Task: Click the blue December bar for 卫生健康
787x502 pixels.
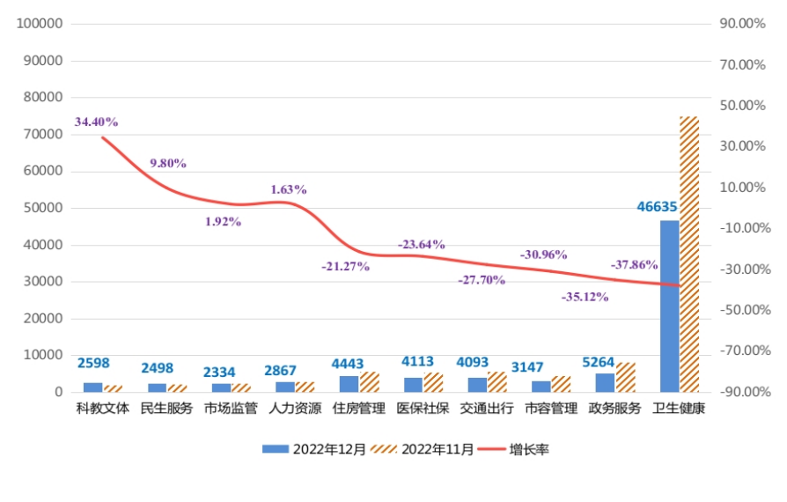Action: tap(670, 306)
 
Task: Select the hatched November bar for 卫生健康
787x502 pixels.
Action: tap(688, 254)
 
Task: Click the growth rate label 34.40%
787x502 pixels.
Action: tap(96, 122)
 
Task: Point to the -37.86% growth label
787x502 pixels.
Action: tap(634, 264)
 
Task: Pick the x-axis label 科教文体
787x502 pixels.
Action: tap(102, 409)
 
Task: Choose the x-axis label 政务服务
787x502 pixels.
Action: tap(615, 409)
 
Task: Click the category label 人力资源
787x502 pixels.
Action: tap(295, 409)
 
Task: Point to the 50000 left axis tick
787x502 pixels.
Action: tap(43, 208)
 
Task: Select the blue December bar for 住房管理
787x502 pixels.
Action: tap(349, 384)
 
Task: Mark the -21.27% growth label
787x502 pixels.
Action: tap(345, 266)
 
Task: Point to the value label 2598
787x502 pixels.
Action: tap(93, 363)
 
